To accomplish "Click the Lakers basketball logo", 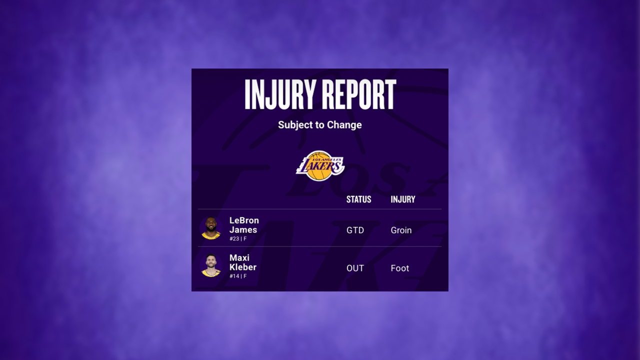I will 320,165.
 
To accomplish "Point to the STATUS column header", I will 358,199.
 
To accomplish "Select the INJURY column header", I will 403,199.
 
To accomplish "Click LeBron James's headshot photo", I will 211,228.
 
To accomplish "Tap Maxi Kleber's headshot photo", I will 211,265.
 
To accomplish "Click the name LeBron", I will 244,220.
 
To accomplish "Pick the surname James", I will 243,230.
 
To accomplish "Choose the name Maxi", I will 239,258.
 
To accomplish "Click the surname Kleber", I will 243,267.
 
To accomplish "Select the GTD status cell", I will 355,230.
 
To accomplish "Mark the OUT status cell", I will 355,268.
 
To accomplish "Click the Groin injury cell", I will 401,230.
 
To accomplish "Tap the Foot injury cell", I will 400,268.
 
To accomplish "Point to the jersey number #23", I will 234,239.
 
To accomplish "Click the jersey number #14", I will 234,276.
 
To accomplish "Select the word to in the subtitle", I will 319,124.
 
